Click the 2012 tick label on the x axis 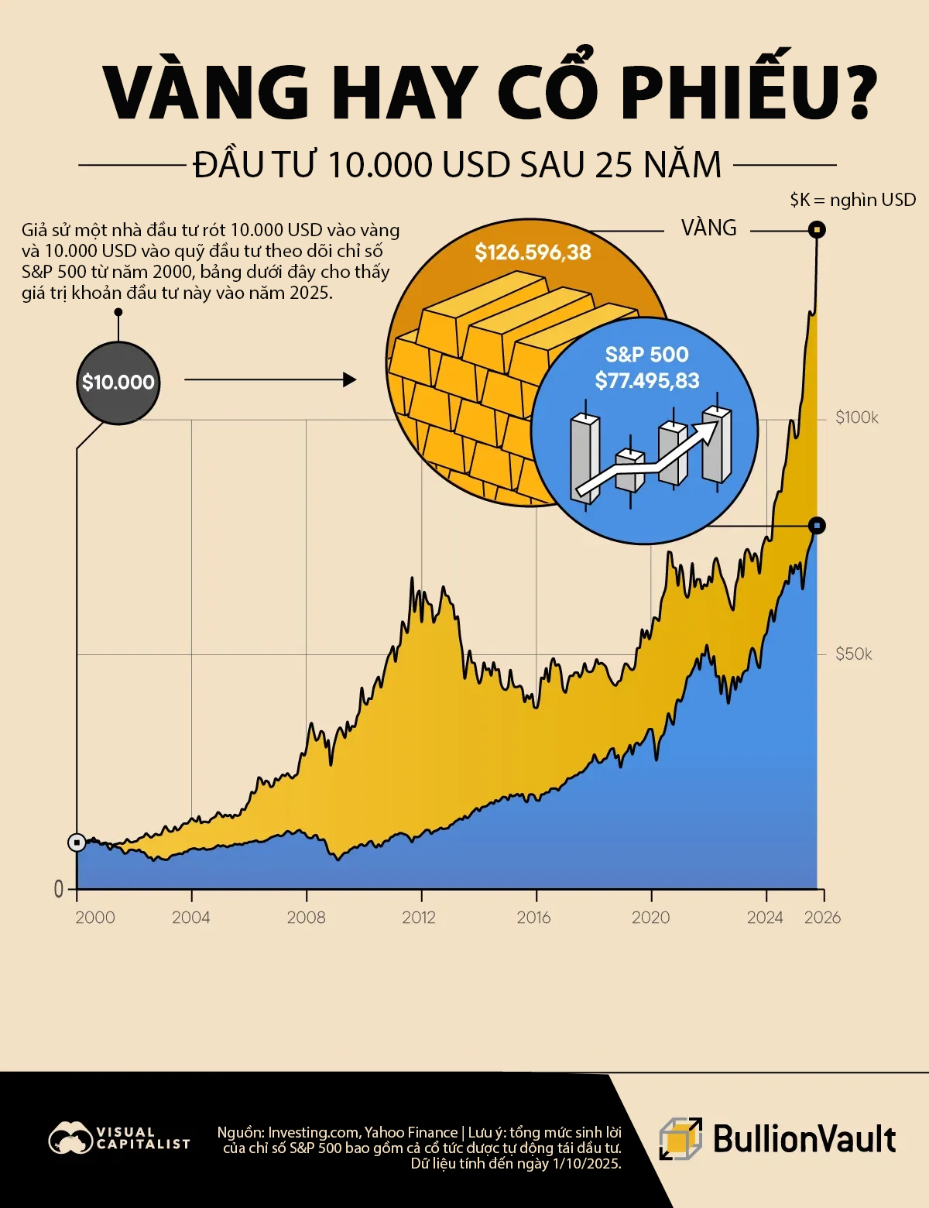pyautogui.click(x=419, y=918)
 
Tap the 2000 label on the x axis pyautogui.click(x=94, y=918)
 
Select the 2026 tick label pyautogui.click(x=822, y=918)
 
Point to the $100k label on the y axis pyautogui.click(x=857, y=418)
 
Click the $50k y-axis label pyautogui.click(x=853, y=654)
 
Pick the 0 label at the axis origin pyautogui.click(x=59, y=890)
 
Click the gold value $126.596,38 pyautogui.click(x=533, y=252)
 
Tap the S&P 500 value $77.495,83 pyautogui.click(x=647, y=381)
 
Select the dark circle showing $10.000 pyautogui.click(x=118, y=383)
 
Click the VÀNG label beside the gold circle pyautogui.click(x=708, y=228)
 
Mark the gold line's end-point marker pyautogui.click(x=817, y=230)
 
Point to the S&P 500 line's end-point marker pyautogui.click(x=817, y=526)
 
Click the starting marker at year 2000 pyautogui.click(x=77, y=843)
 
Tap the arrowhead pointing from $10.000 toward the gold pyautogui.click(x=349, y=379)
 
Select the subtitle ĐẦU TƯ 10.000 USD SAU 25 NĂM pyautogui.click(x=457, y=165)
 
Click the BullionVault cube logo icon pyautogui.click(x=680, y=1139)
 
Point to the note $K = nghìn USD pyautogui.click(x=852, y=200)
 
